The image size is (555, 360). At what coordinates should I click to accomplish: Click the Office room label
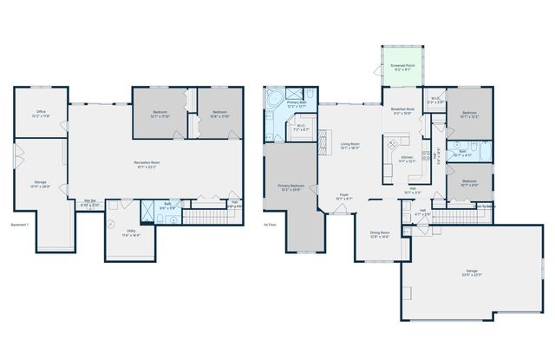[x=41, y=113]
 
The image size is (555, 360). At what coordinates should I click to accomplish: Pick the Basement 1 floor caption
[x=19, y=225]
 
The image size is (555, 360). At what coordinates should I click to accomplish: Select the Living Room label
[x=350, y=146]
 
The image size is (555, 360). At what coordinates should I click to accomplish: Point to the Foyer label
[x=344, y=196]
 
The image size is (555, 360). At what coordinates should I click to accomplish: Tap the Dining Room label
[x=380, y=233]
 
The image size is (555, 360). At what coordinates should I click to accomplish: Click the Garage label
[x=472, y=273]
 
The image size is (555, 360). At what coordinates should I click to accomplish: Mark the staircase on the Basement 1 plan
[x=206, y=216]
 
